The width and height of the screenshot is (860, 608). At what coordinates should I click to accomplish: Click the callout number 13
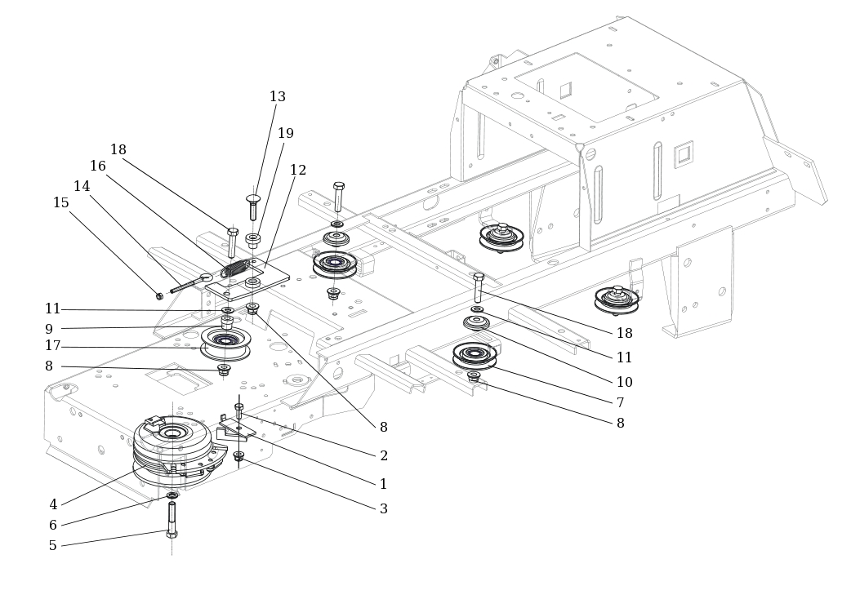(278, 97)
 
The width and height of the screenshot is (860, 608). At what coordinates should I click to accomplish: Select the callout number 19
(285, 134)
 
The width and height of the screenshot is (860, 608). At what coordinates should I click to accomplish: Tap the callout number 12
(298, 171)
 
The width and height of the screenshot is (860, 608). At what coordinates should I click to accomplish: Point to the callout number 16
(98, 166)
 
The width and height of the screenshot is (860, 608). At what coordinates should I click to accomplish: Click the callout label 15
(61, 203)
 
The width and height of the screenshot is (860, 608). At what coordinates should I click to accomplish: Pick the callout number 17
(53, 346)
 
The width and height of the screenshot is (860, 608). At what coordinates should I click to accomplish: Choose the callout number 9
(49, 330)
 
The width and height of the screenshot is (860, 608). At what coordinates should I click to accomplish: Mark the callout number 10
(624, 383)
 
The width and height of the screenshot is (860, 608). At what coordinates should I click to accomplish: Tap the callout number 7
(620, 403)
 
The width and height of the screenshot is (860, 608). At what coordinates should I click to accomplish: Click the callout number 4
(53, 505)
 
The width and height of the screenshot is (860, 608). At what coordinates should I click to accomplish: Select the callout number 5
(53, 546)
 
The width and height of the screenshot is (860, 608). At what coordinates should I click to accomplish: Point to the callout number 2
(384, 456)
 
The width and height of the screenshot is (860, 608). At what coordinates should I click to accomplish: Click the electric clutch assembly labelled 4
(173, 449)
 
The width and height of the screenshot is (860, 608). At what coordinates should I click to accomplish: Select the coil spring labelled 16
(236, 268)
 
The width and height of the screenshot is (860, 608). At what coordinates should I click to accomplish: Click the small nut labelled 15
(160, 296)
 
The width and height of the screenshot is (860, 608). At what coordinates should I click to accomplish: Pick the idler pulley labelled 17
(225, 341)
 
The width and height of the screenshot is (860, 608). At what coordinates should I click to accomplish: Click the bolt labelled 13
(253, 207)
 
